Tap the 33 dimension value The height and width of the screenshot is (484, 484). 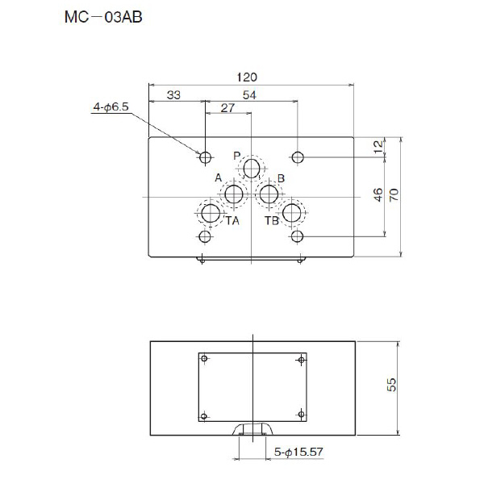click(173, 95)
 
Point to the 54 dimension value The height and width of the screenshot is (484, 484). click(250, 95)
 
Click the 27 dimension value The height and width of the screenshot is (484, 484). click(227, 107)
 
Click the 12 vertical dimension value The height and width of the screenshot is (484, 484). click(378, 146)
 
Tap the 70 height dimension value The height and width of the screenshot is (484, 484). click(394, 194)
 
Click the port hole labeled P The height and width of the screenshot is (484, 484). click(252, 168)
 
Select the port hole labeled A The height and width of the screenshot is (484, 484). click(234, 194)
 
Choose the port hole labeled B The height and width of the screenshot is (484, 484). click(269, 194)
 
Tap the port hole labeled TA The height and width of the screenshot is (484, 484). click(211, 214)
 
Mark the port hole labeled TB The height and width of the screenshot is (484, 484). click(292, 214)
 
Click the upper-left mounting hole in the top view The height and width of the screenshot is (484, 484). click(206, 156)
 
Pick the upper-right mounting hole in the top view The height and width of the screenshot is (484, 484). click(298, 156)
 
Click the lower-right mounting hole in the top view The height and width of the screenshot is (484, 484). click(298, 236)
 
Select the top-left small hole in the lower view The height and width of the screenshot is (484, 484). click(205, 358)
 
